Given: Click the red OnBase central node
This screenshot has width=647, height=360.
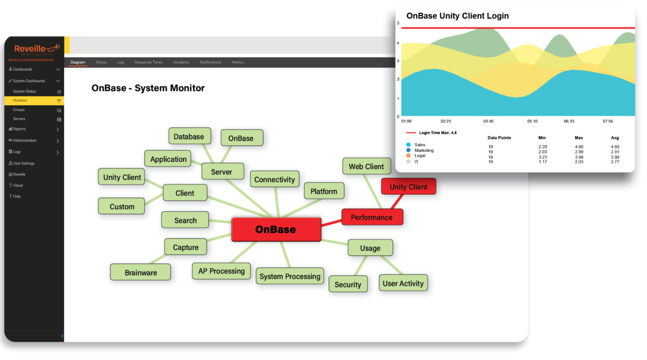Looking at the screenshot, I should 276,230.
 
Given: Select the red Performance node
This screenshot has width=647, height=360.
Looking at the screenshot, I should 372,217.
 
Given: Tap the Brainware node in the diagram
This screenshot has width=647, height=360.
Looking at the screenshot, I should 141,273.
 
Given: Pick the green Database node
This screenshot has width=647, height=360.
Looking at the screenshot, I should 189,137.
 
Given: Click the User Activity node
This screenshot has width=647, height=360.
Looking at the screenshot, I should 403,283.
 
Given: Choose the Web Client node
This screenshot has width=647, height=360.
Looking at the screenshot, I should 366,166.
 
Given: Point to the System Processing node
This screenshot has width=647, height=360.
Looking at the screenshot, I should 290,277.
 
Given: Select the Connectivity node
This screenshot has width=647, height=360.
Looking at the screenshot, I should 274,179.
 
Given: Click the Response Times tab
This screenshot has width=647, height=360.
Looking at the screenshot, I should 149,62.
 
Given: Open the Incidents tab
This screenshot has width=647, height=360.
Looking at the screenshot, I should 181,62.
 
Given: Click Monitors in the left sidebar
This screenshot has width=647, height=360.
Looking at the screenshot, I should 20,101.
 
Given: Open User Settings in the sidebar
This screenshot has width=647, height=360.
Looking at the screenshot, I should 23,163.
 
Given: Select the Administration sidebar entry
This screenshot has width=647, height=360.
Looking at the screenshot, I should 25,141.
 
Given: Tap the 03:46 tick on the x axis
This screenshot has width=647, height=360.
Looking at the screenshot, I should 489,121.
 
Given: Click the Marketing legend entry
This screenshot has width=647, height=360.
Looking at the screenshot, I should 424,151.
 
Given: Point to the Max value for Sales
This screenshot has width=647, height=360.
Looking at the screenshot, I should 579,147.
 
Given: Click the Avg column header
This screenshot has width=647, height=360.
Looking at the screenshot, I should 615,138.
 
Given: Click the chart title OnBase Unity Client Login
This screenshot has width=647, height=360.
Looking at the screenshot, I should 457,16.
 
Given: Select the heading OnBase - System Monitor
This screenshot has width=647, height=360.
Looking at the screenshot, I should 148,88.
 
